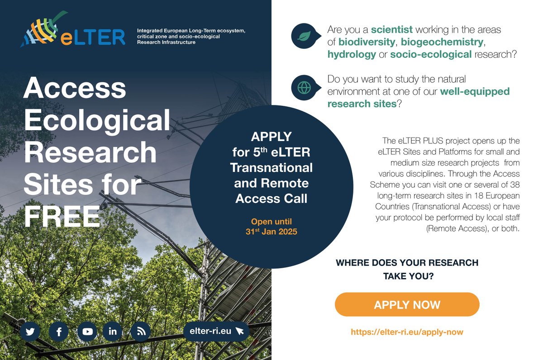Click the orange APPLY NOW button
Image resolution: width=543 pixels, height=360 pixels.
click(x=407, y=304)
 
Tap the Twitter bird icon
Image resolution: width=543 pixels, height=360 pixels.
click(x=30, y=332)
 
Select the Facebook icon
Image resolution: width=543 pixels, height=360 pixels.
click(x=59, y=332)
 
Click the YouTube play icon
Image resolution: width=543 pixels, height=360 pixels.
click(x=87, y=332)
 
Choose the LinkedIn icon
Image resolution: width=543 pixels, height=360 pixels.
click(x=113, y=332)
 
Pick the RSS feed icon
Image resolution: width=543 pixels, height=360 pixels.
click(x=140, y=332)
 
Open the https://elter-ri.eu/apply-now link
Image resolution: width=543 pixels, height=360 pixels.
click(x=407, y=332)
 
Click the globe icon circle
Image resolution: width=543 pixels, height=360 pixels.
click(x=304, y=87)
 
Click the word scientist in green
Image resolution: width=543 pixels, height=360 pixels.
click(x=391, y=30)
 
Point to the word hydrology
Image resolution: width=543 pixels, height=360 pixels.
click(x=352, y=54)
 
